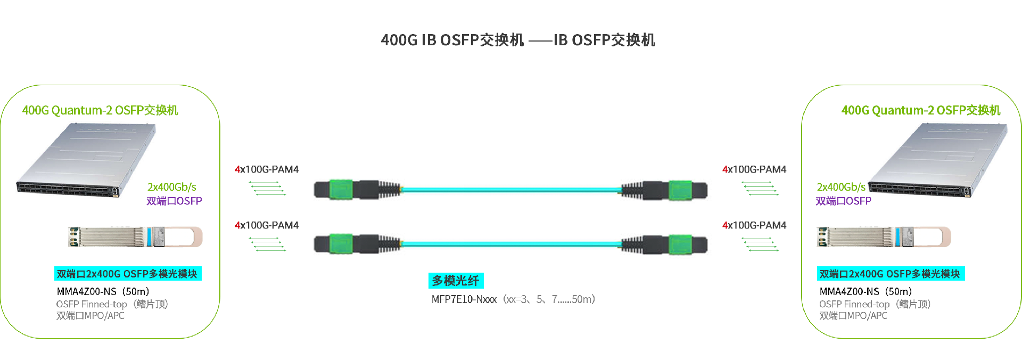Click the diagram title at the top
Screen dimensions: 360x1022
tap(517, 40)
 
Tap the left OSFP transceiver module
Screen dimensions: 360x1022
tap(135, 237)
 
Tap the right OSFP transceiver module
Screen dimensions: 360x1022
tap(884, 237)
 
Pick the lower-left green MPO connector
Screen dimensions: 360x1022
tap(341, 244)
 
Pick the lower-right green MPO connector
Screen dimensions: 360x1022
tap(680, 244)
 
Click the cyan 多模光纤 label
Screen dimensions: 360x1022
tap(456, 281)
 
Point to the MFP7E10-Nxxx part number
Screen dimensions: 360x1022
tap(464, 299)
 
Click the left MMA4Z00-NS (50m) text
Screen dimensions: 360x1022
tap(103, 291)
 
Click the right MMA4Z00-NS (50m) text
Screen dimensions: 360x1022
tap(866, 291)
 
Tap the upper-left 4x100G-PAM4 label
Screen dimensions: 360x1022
tap(267, 169)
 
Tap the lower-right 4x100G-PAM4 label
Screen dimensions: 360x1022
tap(754, 225)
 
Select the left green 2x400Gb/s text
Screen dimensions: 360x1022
tap(171, 187)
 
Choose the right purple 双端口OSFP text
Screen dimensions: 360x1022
tap(843, 201)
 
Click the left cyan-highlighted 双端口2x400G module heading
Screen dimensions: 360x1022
tap(128, 274)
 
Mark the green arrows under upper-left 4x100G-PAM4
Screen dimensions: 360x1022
tap(267, 188)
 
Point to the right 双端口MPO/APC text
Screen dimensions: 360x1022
tap(853, 316)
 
